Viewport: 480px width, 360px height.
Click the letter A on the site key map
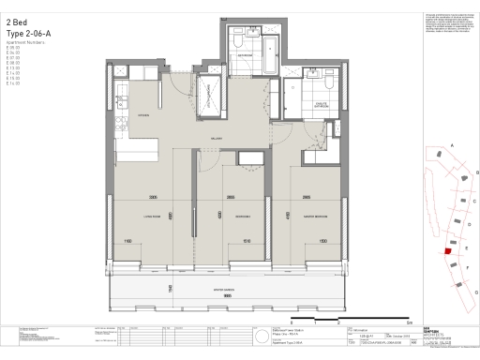(452, 146)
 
